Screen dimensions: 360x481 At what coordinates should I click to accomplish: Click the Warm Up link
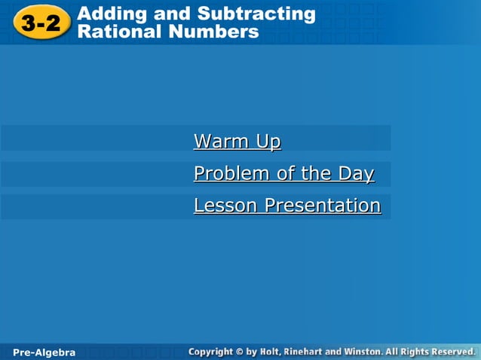(x=237, y=142)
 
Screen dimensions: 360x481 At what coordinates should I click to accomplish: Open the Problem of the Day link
(x=283, y=174)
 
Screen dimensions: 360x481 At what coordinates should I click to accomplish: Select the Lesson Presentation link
(x=286, y=206)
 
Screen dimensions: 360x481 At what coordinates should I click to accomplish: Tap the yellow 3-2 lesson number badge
(x=41, y=23)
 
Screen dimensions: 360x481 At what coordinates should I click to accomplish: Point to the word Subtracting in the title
(x=256, y=14)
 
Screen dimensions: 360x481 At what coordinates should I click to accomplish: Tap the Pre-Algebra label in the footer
(x=44, y=352)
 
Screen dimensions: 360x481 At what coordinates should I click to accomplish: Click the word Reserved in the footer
(x=451, y=352)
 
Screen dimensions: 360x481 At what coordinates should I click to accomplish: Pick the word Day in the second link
(x=356, y=174)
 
